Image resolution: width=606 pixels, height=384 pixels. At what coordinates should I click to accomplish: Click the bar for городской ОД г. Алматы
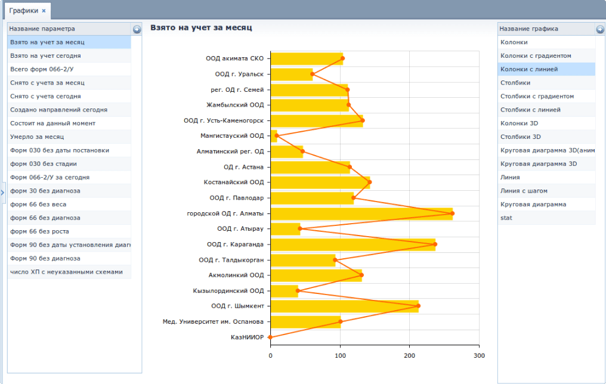tap(361, 213)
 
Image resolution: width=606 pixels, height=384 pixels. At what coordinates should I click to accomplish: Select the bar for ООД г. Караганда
tap(353, 244)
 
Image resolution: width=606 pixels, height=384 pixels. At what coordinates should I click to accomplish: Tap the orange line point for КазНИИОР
tap(270, 337)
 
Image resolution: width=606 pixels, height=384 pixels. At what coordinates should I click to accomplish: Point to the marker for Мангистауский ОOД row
tap(276, 135)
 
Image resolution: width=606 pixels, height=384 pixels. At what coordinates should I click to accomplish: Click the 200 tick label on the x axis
tap(409, 355)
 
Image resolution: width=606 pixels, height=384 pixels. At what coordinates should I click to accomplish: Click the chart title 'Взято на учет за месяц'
tap(201, 28)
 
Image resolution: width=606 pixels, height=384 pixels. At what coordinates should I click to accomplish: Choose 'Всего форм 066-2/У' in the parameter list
tap(42, 69)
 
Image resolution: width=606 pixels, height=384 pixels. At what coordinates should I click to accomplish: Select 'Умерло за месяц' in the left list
tap(37, 137)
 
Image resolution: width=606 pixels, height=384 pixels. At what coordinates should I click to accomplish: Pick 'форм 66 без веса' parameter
tap(38, 205)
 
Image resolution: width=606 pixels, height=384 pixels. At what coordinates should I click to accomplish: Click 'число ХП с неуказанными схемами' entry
tap(66, 272)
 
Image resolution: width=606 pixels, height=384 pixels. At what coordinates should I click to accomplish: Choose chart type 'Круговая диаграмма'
tap(533, 205)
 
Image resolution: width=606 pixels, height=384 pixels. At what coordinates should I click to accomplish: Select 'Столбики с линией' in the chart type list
tap(530, 110)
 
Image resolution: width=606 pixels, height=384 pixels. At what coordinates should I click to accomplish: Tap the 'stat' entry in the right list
tap(506, 218)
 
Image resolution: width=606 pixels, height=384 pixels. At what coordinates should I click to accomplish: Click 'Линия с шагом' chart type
tap(524, 191)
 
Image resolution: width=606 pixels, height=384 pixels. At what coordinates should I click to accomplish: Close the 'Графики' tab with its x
tap(44, 11)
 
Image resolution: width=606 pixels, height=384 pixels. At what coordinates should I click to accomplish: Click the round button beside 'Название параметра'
tap(137, 29)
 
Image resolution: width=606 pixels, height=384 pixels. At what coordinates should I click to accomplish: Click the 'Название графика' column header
tap(528, 29)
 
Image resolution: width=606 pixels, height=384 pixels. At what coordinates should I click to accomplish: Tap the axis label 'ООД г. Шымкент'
tap(237, 306)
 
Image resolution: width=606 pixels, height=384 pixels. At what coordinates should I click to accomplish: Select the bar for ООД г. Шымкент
tap(344, 306)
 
